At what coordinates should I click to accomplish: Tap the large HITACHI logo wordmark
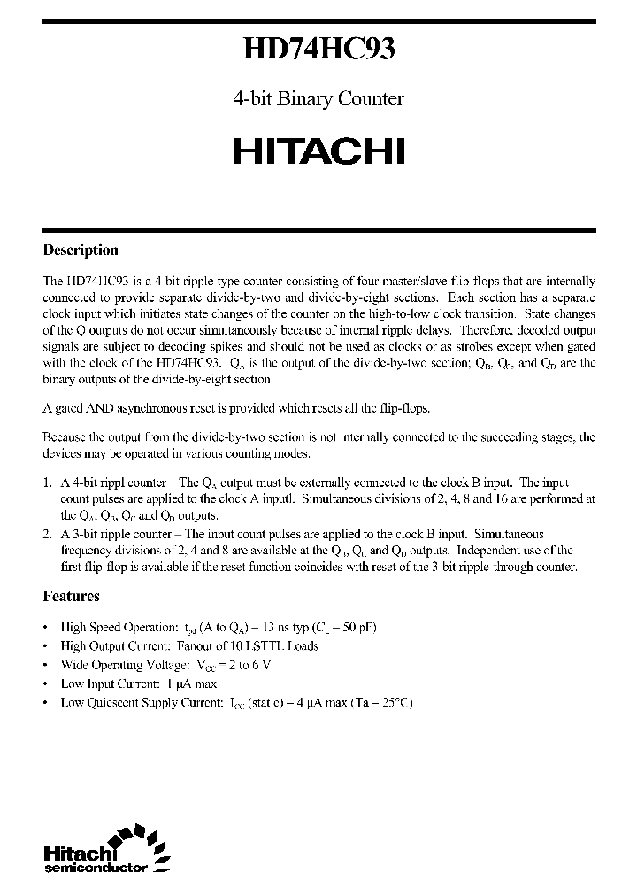tap(318, 151)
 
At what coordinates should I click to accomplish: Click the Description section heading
tap(81, 251)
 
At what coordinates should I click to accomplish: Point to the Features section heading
tap(72, 596)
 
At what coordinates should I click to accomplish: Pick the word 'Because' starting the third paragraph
tap(65, 437)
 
